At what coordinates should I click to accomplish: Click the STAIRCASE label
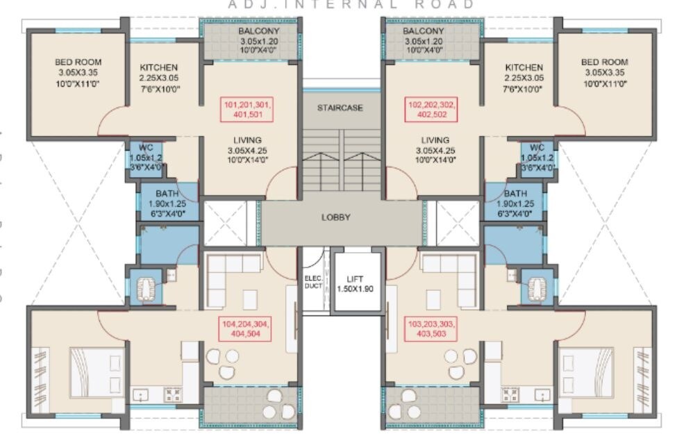[x=340, y=108]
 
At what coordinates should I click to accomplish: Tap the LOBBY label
[x=335, y=217]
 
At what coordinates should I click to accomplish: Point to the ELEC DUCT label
[x=313, y=282]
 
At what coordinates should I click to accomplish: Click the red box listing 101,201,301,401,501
[x=248, y=110]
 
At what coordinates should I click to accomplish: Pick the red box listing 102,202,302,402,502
[x=431, y=110]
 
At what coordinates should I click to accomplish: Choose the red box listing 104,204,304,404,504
[x=246, y=328]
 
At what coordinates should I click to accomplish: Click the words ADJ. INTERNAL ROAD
[x=351, y=4]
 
